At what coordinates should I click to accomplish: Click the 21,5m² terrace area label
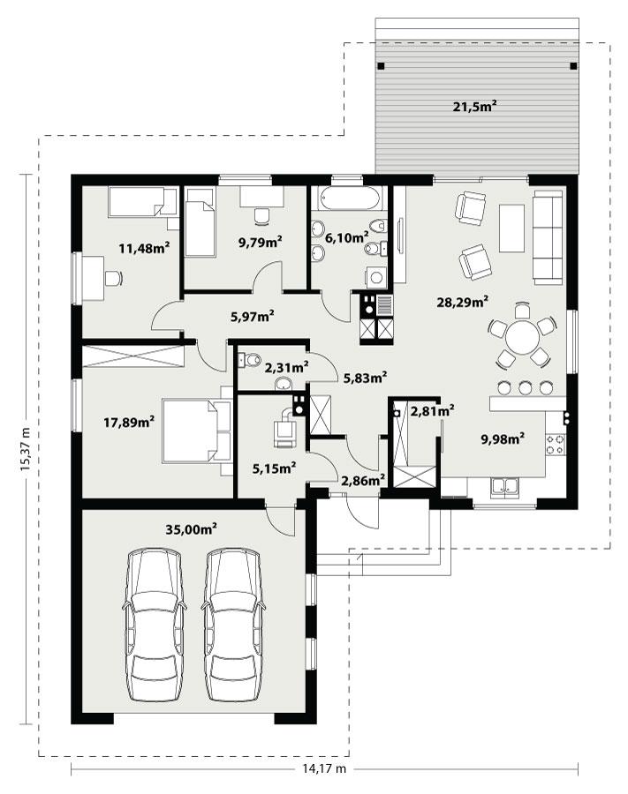pyautogui.click(x=474, y=107)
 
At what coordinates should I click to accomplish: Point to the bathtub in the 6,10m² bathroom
pyautogui.click(x=350, y=198)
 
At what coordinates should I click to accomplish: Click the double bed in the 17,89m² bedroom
pyautogui.click(x=195, y=430)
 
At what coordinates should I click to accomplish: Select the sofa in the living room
pyautogui.click(x=548, y=236)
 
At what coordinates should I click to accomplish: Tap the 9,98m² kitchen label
pyautogui.click(x=503, y=437)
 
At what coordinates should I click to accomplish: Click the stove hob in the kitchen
pyautogui.click(x=555, y=444)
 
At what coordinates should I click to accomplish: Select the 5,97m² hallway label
pyautogui.click(x=252, y=315)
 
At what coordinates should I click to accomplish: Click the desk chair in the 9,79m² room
pyautogui.click(x=261, y=214)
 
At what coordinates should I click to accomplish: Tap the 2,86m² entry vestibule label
pyautogui.click(x=362, y=480)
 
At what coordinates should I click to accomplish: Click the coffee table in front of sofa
pyautogui.click(x=511, y=228)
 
